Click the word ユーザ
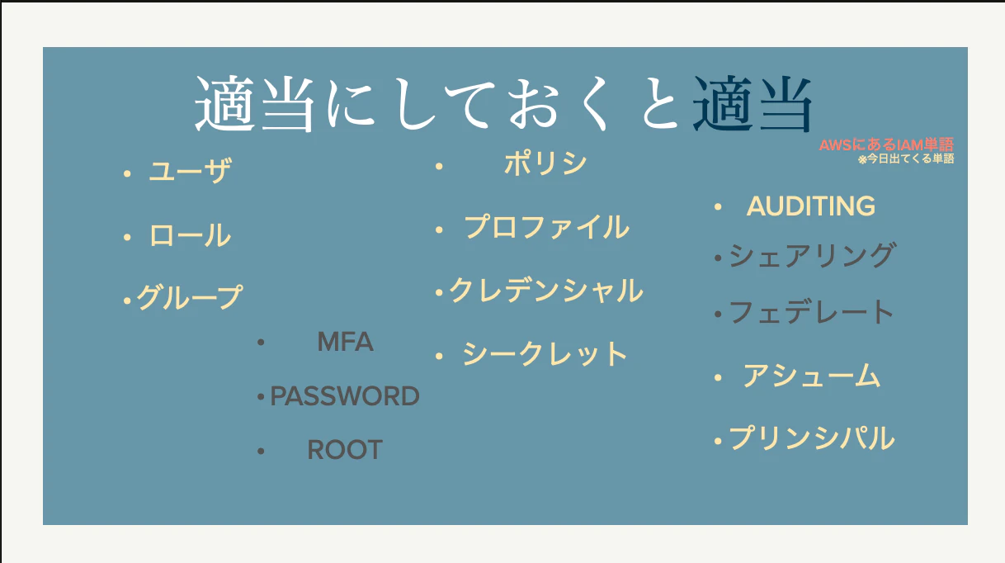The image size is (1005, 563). pyautogui.click(x=191, y=171)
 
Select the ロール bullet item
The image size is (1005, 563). pyautogui.click(x=191, y=235)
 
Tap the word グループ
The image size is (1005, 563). pyautogui.click(x=189, y=297)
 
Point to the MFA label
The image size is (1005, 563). pyautogui.click(x=345, y=342)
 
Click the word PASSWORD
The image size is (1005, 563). pyautogui.click(x=345, y=396)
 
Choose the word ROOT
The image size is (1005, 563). pyautogui.click(x=345, y=449)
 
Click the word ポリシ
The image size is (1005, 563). pyautogui.click(x=545, y=163)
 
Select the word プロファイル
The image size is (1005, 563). pyautogui.click(x=546, y=227)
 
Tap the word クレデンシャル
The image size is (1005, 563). pyautogui.click(x=546, y=290)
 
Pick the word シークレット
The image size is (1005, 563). pyautogui.click(x=545, y=354)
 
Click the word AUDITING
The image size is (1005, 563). pyautogui.click(x=811, y=206)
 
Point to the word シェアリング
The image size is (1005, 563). pyautogui.click(x=813, y=255)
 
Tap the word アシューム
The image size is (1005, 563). pyautogui.click(x=811, y=376)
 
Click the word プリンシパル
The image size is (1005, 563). pyautogui.click(x=812, y=438)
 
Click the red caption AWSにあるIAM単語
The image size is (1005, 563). pyautogui.click(x=886, y=145)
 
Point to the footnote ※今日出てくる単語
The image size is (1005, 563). pyautogui.click(x=906, y=159)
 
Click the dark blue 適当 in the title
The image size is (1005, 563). pyautogui.click(x=752, y=104)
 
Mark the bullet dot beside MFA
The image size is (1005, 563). pyautogui.click(x=261, y=343)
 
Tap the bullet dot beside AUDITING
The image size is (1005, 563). pyautogui.click(x=718, y=207)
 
